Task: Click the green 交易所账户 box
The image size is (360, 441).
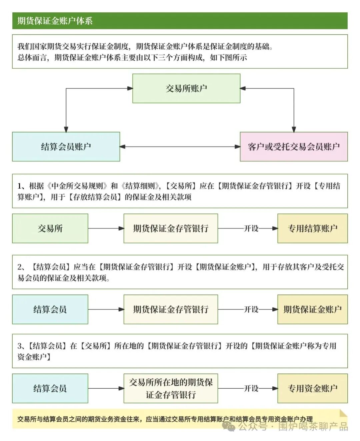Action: click(x=186, y=88)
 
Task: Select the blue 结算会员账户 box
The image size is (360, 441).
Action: click(x=66, y=147)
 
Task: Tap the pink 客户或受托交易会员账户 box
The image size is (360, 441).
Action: click(x=294, y=147)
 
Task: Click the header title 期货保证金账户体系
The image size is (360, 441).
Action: click(x=55, y=21)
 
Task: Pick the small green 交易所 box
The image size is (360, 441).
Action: click(x=50, y=228)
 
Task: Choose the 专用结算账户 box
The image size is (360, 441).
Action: click(x=312, y=228)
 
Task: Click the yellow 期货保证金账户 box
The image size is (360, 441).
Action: click(x=312, y=309)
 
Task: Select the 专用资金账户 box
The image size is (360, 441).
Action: click(x=312, y=388)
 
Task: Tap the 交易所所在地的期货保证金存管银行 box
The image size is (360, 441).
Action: click(x=171, y=388)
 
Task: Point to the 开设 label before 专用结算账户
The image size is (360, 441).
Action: click(x=251, y=228)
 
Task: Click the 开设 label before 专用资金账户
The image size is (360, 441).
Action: click(x=251, y=388)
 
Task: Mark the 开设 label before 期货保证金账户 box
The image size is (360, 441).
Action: click(x=251, y=309)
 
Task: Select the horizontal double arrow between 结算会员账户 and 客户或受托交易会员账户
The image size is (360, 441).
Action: click(x=180, y=147)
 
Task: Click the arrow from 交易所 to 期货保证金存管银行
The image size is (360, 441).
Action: click(x=106, y=228)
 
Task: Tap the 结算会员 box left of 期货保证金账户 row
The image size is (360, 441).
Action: click(x=50, y=309)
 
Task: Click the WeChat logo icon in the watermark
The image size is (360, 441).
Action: click(x=229, y=426)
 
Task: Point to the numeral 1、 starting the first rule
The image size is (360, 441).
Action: click(x=23, y=186)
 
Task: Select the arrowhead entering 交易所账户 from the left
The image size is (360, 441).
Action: click(x=130, y=88)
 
